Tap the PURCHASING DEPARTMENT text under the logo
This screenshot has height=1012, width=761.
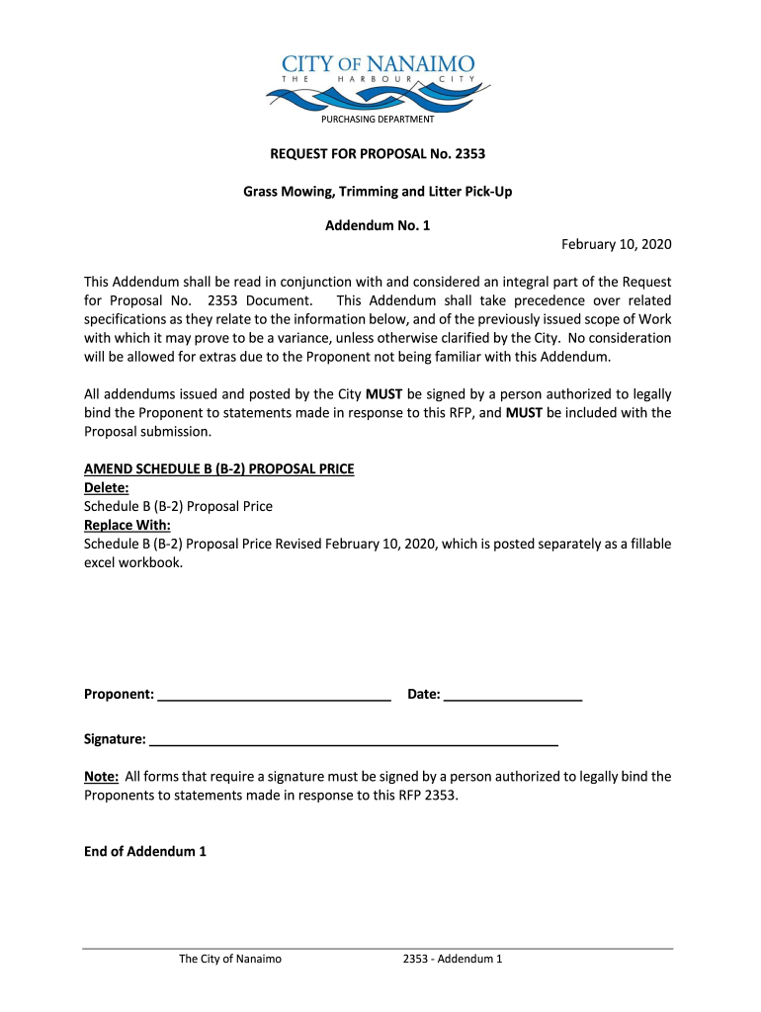[377, 120]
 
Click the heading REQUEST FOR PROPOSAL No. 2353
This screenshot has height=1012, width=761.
[379, 154]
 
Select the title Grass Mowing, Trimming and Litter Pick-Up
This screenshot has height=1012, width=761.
[378, 191]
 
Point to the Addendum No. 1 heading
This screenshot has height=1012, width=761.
[378, 226]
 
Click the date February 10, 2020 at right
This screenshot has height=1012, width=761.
[616, 244]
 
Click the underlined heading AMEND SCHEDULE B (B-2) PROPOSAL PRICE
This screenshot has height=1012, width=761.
[218, 469]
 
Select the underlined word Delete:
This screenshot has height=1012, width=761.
[106, 487]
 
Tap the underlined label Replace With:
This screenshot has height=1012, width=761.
[127, 525]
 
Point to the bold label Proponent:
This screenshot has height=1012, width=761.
[119, 695]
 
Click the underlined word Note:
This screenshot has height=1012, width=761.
[102, 777]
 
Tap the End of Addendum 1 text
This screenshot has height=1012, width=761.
[145, 851]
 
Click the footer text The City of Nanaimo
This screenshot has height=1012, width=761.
[230, 959]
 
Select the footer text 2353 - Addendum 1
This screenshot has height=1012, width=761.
[454, 959]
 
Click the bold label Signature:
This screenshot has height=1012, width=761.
[116, 739]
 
